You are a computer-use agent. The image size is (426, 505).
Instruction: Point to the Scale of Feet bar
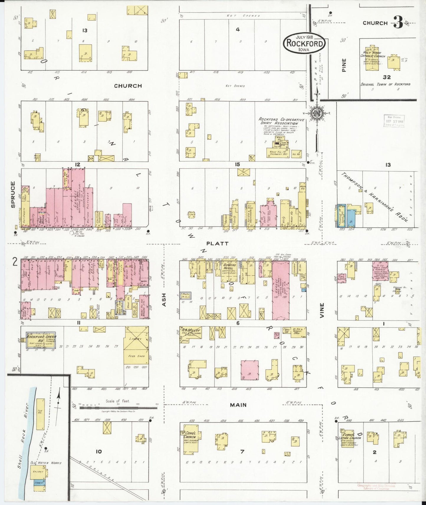click(118, 408)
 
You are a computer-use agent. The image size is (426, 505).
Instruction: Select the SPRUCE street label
click(13, 194)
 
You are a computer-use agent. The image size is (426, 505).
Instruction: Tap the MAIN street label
click(238, 405)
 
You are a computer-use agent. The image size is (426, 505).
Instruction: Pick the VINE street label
click(322, 310)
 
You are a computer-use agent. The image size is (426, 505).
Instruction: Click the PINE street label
click(344, 65)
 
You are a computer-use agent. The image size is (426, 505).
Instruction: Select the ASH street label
click(164, 300)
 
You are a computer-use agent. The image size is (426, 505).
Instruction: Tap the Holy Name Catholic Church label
click(373, 54)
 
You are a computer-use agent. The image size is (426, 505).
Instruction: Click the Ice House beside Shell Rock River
click(40, 414)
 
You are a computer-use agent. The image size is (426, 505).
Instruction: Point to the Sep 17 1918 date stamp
click(394, 121)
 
